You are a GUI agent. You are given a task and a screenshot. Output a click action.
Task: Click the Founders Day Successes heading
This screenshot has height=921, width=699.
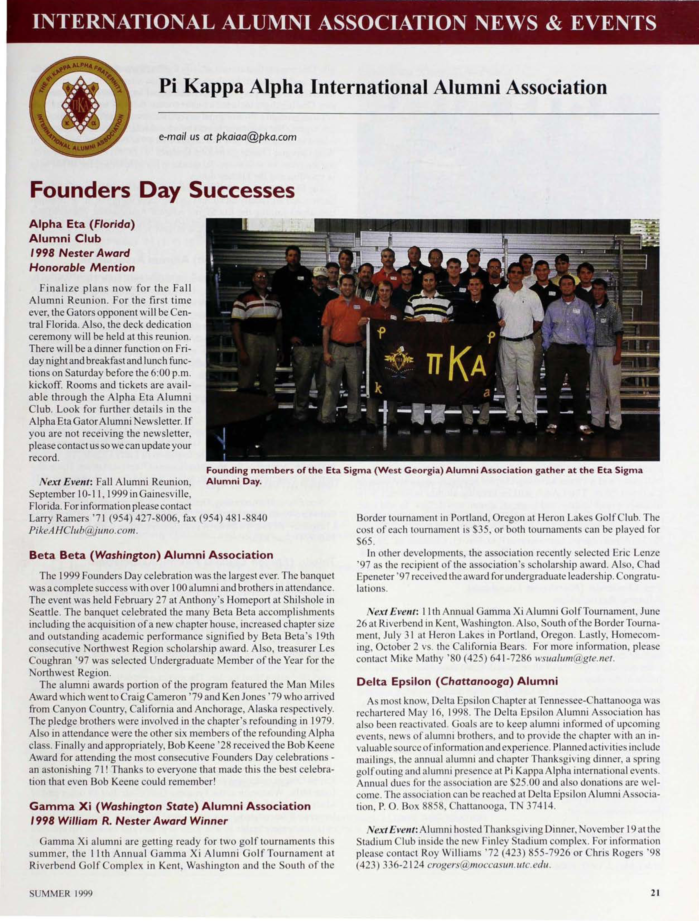click(162, 191)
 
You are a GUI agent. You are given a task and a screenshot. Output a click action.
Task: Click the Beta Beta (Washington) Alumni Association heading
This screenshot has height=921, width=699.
click(151, 555)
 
